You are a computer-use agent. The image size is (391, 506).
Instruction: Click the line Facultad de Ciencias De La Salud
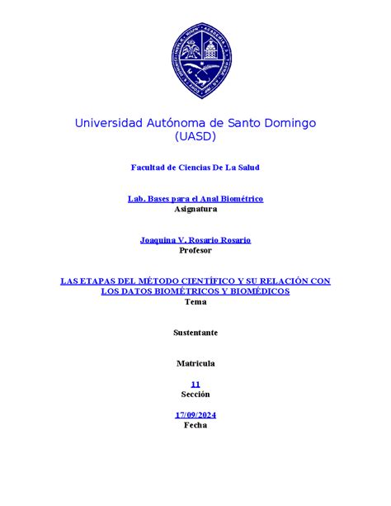coord(195,168)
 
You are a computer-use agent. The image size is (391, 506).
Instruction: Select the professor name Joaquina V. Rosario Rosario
coord(195,239)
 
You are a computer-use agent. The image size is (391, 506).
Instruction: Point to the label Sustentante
coord(195,333)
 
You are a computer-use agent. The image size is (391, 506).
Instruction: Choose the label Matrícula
coord(195,363)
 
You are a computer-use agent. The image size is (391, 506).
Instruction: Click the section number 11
coord(195,384)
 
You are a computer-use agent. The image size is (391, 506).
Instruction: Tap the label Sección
coord(195,395)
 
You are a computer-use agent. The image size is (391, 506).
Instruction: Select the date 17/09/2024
coord(195,414)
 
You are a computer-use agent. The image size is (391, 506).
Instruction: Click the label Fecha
coord(195,425)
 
